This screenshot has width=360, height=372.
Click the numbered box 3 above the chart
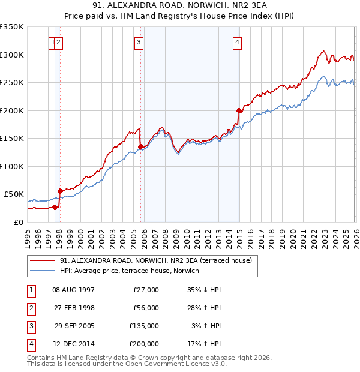click(x=139, y=42)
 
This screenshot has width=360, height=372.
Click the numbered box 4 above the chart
click(x=238, y=42)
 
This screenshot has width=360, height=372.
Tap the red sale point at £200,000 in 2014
click(x=239, y=110)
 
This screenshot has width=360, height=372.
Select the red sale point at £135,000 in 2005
click(x=141, y=146)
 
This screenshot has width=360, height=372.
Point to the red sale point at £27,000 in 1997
click(x=55, y=207)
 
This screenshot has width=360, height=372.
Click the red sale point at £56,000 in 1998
click(x=60, y=191)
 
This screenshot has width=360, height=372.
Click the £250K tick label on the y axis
click(x=12, y=83)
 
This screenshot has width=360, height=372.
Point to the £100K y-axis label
click(x=12, y=166)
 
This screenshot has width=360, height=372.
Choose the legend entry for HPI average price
click(x=132, y=271)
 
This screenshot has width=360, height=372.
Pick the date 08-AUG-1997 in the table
click(x=74, y=290)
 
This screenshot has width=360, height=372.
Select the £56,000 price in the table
click(x=146, y=308)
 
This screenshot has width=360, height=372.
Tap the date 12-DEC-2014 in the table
click(x=74, y=344)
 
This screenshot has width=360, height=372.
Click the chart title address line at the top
click(x=179, y=5)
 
